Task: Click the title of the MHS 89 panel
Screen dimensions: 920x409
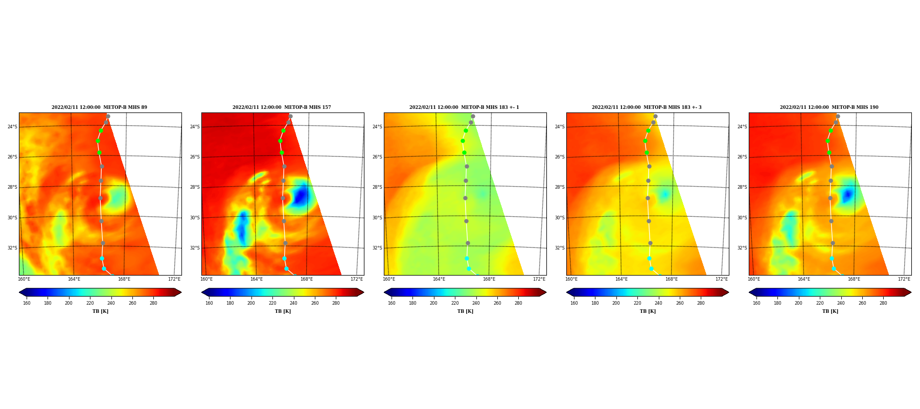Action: tap(99, 107)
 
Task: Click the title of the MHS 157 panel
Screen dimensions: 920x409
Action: tap(282, 107)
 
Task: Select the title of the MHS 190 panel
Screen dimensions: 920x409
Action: tap(829, 107)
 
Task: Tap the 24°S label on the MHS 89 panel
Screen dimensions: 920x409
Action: tap(12, 127)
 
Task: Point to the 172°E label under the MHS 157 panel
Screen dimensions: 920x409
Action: tap(357, 279)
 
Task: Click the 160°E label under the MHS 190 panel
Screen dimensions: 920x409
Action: tap(754, 279)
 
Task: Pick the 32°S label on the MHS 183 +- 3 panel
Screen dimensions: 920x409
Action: tap(560, 248)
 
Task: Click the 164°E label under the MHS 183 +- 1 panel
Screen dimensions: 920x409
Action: tap(439, 279)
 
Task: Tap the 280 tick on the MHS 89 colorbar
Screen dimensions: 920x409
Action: tap(153, 303)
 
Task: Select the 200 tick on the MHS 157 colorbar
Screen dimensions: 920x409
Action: tap(251, 303)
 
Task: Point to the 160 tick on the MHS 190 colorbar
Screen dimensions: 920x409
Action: tap(756, 303)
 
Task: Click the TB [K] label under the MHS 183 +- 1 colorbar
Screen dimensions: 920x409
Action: tap(465, 311)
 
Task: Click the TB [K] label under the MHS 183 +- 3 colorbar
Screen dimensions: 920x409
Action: tap(648, 311)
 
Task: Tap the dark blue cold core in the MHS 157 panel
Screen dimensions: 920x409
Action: tap(301, 195)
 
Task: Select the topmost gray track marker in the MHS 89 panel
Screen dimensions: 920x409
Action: tap(108, 117)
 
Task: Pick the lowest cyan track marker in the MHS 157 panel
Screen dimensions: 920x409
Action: tap(286, 268)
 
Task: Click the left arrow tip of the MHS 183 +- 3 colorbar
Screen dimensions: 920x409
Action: tap(566, 292)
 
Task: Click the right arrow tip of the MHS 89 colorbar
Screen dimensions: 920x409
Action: tap(181, 292)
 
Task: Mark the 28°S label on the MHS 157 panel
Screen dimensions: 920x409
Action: tap(195, 187)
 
